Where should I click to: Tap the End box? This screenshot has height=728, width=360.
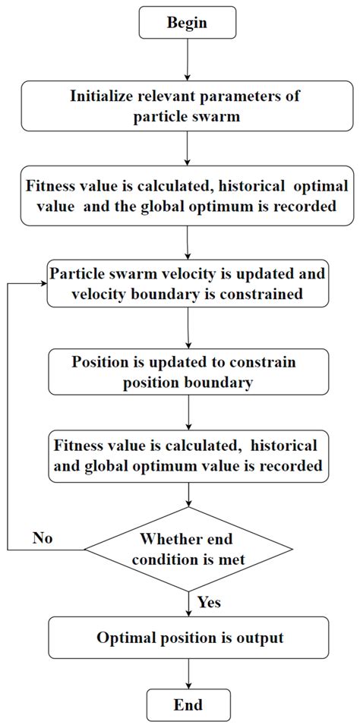[x=188, y=704]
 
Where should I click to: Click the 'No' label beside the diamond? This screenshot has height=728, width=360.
[x=43, y=538]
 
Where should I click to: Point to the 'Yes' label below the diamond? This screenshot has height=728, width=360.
[x=209, y=602]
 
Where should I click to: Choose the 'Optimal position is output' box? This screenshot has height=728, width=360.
[x=188, y=638]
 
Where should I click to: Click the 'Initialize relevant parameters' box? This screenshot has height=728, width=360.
[x=188, y=106]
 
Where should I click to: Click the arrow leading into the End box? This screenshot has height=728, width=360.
[x=188, y=674]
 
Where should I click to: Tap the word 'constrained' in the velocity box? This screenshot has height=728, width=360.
[x=261, y=294]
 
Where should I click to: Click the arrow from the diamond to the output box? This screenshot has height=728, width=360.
[x=188, y=604]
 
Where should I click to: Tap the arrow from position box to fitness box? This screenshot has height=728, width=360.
[x=188, y=412]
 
